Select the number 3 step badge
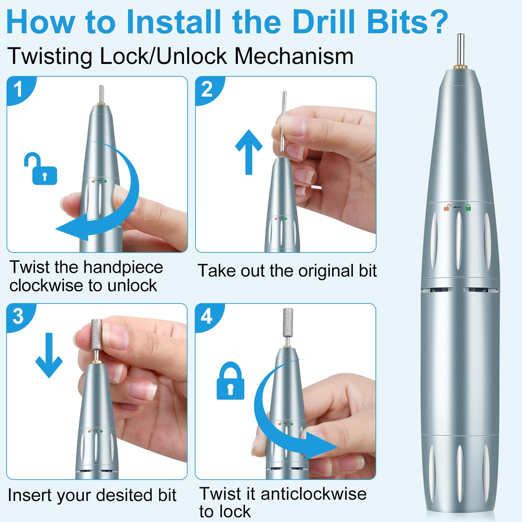pos(19,316)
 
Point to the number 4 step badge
pos(207,316)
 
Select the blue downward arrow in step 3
pos(49,355)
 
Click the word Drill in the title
pos(324,22)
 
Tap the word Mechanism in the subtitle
pos(294,57)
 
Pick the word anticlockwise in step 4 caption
pos(313,494)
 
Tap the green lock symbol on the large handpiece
pos(468,207)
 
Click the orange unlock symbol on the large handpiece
pos(447,207)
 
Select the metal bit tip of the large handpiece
pos(461,49)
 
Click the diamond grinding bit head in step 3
pos(97,335)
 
